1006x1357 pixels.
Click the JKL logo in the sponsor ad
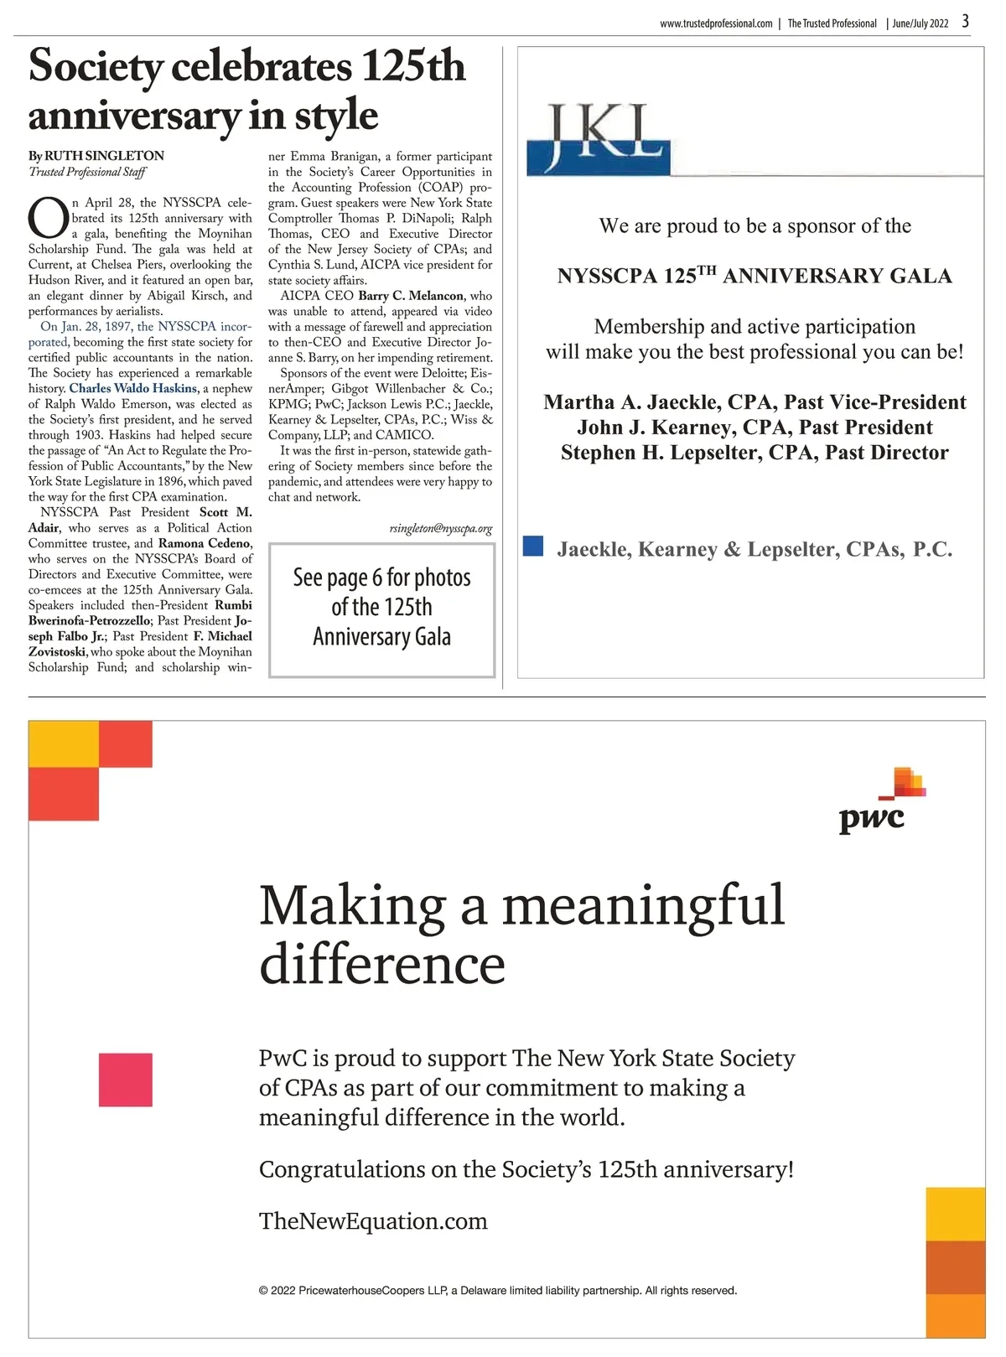click(599, 139)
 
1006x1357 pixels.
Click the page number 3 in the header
click(965, 21)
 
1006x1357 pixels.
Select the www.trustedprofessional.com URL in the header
click(716, 23)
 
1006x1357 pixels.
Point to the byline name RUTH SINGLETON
click(104, 156)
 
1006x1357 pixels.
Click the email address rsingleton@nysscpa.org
click(440, 529)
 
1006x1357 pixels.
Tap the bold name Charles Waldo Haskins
click(133, 388)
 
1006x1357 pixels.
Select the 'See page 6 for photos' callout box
click(381, 609)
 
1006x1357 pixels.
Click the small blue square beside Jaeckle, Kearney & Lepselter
click(533, 546)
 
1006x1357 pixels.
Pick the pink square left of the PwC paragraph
click(126, 1080)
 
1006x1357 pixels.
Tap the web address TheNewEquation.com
click(373, 1221)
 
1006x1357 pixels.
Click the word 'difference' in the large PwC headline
click(382, 965)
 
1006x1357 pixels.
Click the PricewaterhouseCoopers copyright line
click(498, 1291)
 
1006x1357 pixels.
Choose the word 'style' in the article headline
click(336, 116)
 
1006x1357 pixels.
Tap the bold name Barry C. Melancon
click(411, 296)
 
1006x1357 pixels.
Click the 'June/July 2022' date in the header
click(920, 23)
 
